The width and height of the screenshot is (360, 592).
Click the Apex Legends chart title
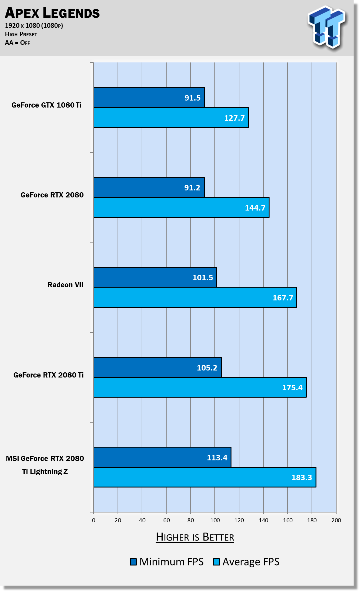[x=52, y=13]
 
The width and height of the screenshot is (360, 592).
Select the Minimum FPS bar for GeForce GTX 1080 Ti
[x=149, y=97]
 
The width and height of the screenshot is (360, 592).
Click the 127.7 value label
[x=234, y=118]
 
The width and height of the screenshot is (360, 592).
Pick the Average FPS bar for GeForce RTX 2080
[x=181, y=207]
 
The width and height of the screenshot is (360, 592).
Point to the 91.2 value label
[x=192, y=188]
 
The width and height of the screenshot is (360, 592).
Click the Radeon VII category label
[x=65, y=285]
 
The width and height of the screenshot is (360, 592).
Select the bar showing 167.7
[x=195, y=297]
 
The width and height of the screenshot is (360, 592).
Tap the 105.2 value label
[x=207, y=368]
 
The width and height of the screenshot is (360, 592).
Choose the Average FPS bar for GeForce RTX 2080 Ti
[x=200, y=387]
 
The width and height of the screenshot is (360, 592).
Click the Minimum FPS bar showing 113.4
[x=162, y=457]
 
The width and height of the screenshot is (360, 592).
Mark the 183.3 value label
[x=302, y=477]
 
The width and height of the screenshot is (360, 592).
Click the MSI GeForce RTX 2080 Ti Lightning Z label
[x=45, y=465]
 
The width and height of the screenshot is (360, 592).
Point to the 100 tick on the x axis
[x=215, y=520]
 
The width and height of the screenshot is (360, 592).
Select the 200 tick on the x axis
[x=336, y=520]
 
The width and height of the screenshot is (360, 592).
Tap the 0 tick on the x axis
[x=94, y=520]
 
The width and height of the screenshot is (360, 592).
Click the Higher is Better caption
[x=195, y=537]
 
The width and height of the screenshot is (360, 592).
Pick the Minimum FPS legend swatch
[x=133, y=562]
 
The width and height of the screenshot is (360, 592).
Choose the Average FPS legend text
[x=251, y=562]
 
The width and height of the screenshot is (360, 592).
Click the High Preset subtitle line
[x=21, y=34]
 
